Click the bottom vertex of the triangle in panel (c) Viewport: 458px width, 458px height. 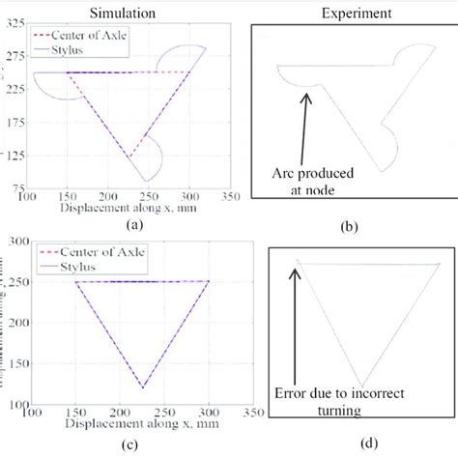pos(221,386)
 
